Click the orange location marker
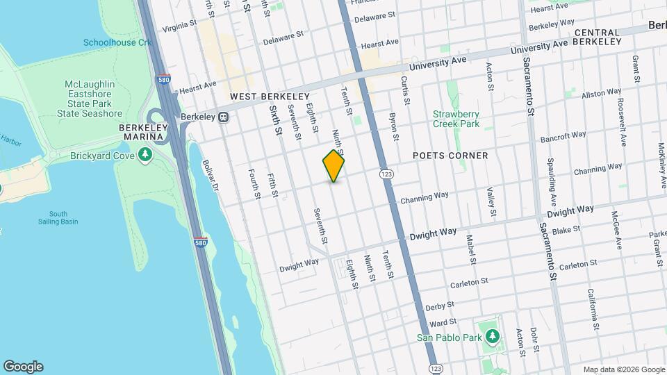pos(333,166)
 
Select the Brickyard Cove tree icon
pos(145,155)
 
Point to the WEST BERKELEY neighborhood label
pos(270,96)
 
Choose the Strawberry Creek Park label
pos(456,119)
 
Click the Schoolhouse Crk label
pos(117,42)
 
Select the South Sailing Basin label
pos(58,217)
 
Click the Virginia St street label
pos(180,26)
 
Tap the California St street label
pos(592,308)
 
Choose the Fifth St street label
pos(272,186)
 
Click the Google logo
pos(23,367)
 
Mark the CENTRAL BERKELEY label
pos(598,37)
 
